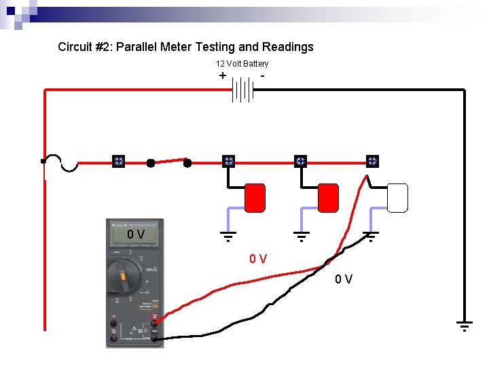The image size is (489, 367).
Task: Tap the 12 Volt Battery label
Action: pyautogui.click(x=242, y=64)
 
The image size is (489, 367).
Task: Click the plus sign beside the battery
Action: pyautogui.click(x=223, y=76)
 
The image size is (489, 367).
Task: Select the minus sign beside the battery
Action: pyautogui.click(x=262, y=76)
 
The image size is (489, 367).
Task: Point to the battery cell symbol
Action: pyautogui.click(x=242, y=89)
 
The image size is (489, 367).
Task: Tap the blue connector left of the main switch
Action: pyautogui.click(x=117, y=162)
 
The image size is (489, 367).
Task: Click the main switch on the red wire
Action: pyautogui.click(x=169, y=162)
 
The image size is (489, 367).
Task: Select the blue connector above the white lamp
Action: pyautogui.click(x=372, y=161)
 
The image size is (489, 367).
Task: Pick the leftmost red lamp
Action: pyautogui.click(x=255, y=197)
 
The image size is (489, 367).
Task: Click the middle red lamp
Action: pyautogui.click(x=328, y=197)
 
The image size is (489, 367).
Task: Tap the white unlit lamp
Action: pyautogui.click(x=397, y=198)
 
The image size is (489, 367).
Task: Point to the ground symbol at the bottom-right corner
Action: pyautogui.click(x=464, y=326)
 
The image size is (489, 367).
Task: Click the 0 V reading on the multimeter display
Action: pyautogui.click(x=136, y=235)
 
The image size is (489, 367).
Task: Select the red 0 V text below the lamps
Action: pyautogui.click(x=257, y=259)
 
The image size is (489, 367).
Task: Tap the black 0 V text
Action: pyautogui.click(x=343, y=279)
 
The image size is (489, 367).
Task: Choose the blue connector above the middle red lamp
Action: pyautogui.click(x=301, y=161)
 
